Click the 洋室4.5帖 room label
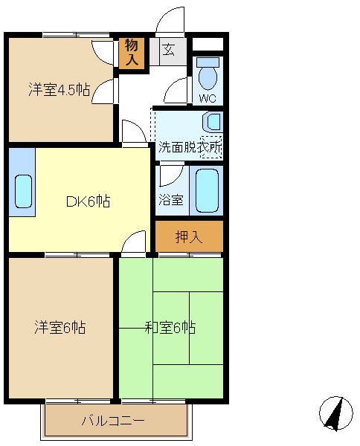[x=60, y=90]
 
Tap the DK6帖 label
[x=89, y=201]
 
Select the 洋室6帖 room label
[x=60, y=327]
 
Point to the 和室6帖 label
[x=170, y=327]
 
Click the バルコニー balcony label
[x=113, y=421]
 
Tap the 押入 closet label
[x=189, y=236]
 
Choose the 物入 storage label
[x=132, y=52]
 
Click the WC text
[x=208, y=98]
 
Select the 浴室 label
[x=171, y=199]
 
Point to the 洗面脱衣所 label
[x=190, y=147]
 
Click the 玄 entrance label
[x=169, y=50]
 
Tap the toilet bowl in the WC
[x=208, y=74]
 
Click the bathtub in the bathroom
[x=207, y=190]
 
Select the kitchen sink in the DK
[x=23, y=191]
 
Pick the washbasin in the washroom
[x=212, y=123]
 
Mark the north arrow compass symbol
[x=335, y=413]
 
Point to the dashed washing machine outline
[x=211, y=147]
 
